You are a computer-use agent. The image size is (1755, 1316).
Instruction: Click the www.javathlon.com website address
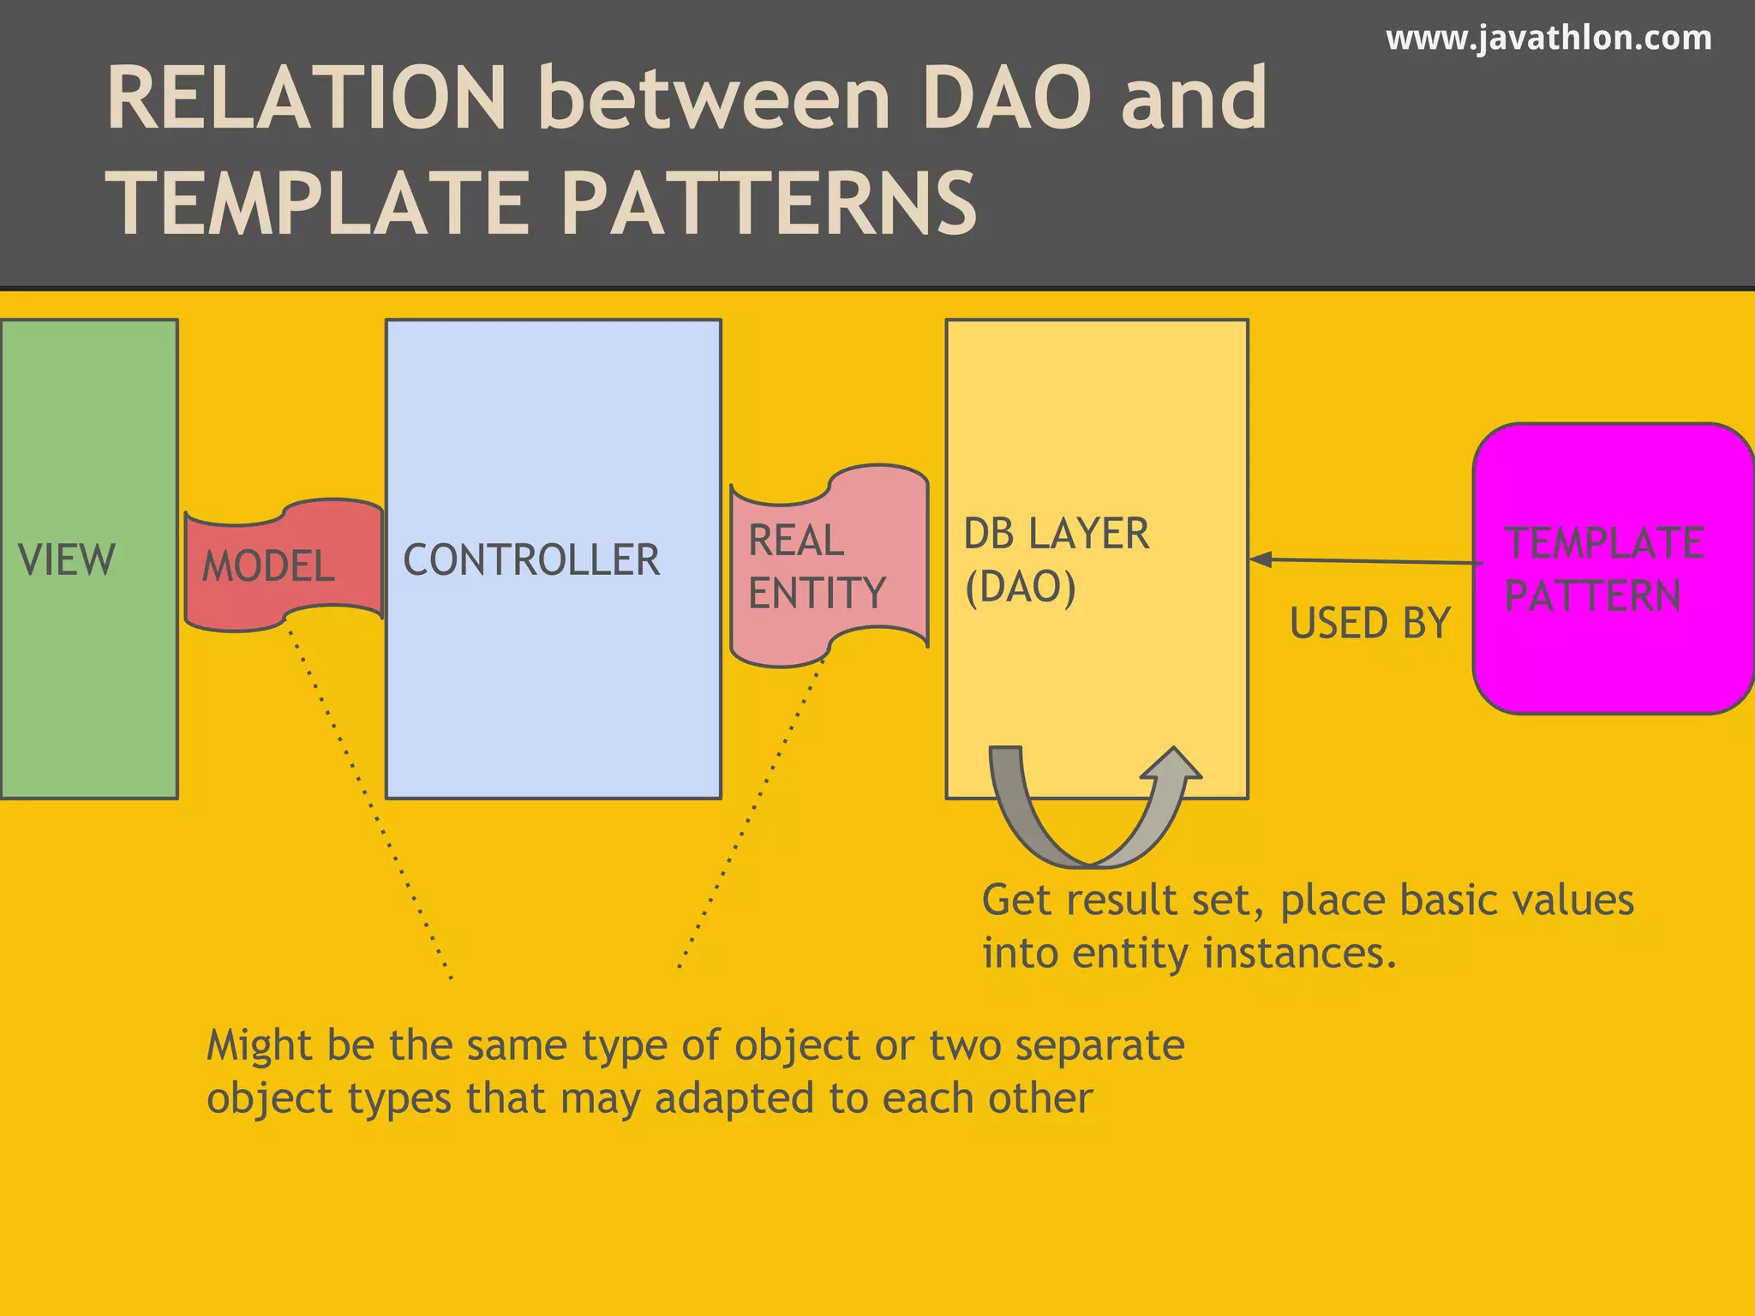click(1548, 39)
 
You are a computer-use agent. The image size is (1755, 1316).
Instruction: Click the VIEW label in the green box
click(67, 560)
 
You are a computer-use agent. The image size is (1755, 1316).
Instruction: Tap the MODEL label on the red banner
click(268, 566)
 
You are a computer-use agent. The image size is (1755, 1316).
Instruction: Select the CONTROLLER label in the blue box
click(531, 560)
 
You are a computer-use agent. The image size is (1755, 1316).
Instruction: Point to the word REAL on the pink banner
click(796, 541)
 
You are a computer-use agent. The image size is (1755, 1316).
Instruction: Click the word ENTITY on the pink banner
click(817, 593)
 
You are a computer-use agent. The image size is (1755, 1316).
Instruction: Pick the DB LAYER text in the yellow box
click(1056, 534)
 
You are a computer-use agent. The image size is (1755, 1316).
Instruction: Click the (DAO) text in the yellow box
click(1020, 588)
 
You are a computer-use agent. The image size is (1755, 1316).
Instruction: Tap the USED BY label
click(1369, 623)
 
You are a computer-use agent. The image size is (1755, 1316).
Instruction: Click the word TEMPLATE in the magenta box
click(1604, 543)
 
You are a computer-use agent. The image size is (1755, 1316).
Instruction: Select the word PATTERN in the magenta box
click(1592, 596)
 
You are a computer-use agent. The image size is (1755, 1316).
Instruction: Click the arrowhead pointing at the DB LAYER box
click(1260, 559)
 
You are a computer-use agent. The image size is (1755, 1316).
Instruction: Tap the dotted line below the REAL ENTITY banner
click(751, 814)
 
